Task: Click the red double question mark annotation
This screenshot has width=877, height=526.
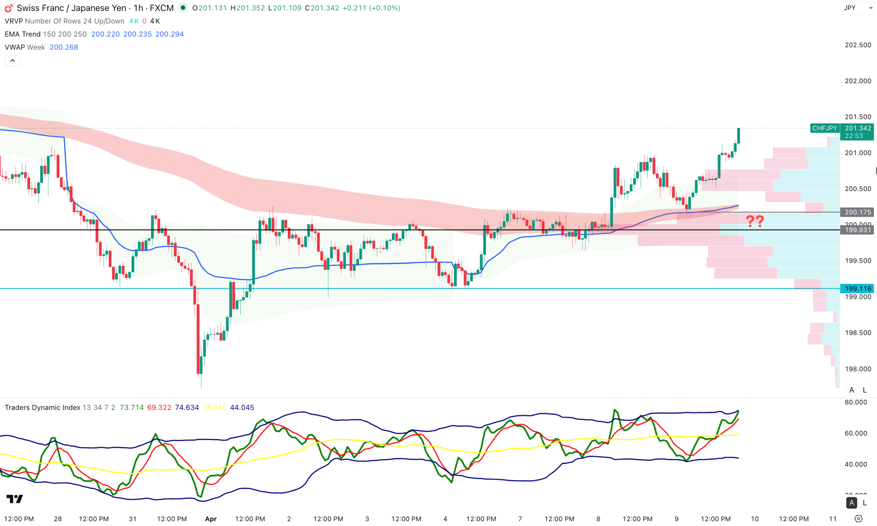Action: tap(755, 221)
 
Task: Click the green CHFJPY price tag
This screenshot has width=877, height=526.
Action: tap(824, 128)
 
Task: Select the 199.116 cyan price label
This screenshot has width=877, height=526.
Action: tap(857, 288)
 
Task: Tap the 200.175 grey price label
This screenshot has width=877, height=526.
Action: tap(857, 212)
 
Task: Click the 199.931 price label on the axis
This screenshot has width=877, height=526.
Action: tap(857, 230)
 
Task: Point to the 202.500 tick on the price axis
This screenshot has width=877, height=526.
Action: tap(857, 45)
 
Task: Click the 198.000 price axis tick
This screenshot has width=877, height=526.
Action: tap(857, 369)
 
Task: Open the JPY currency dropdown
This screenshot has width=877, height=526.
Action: tap(857, 8)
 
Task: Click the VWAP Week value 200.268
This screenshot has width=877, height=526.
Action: tap(64, 47)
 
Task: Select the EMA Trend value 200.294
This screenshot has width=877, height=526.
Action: tap(169, 34)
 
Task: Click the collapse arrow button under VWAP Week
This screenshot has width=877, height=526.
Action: tap(12, 60)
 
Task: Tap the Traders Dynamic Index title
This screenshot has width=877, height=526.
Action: tap(42, 407)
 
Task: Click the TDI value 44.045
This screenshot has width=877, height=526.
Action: tap(242, 407)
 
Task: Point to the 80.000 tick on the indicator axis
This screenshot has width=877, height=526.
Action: tap(856, 402)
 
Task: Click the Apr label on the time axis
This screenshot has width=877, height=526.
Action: tap(211, 519)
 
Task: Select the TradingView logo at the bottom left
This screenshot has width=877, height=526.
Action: tap(15, 499)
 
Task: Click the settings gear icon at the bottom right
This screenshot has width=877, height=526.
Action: tap(858, 519)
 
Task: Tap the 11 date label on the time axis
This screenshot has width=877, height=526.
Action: tap(833, 519)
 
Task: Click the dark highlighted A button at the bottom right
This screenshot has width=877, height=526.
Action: tap(851, 503)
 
